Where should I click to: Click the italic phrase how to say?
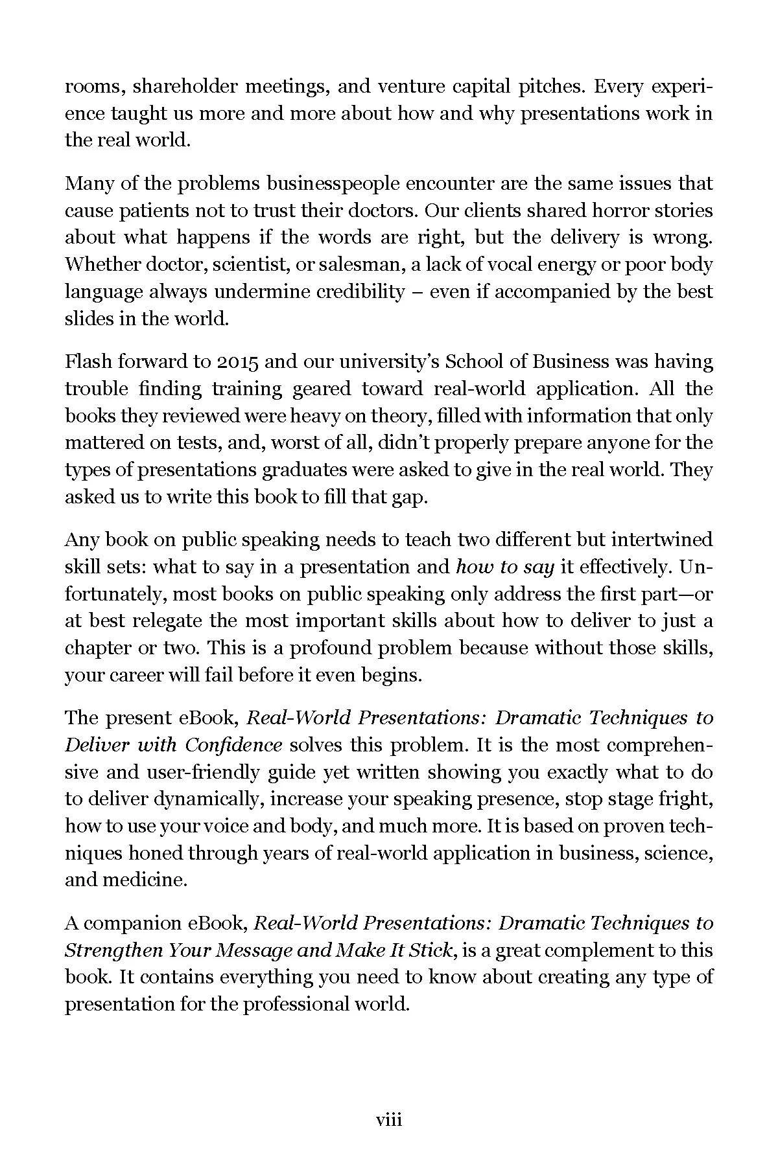pyautogui.click(x=505, y=567)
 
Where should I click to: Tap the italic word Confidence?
pyautogui.click(x=233, y=745)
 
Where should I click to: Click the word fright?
pyautogui.click(x=688, y=799)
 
